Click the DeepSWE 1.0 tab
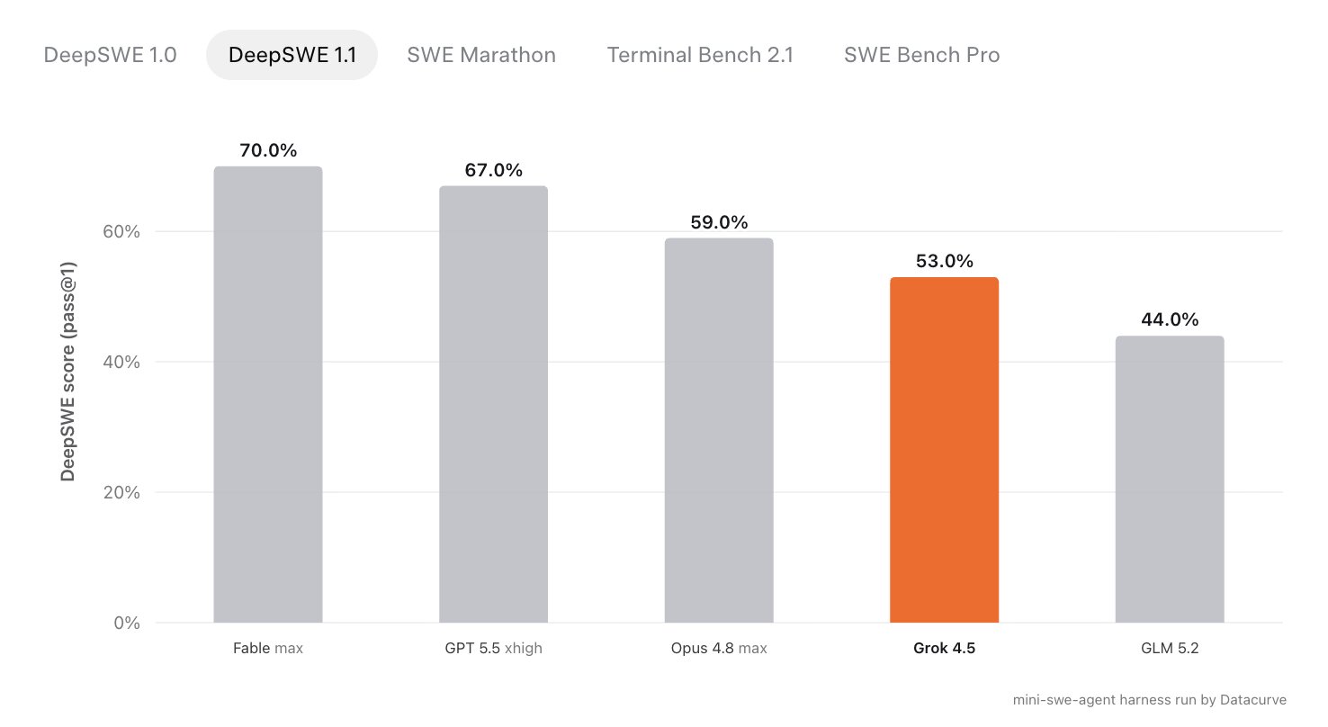point(111,55)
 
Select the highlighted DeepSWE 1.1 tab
point(292,55)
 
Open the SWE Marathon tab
point(481,55)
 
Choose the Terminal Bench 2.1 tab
point(700,55)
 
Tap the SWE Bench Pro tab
point(922,55)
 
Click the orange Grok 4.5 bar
point(945,450)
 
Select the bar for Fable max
point(268,395)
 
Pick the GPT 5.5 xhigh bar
point(493,404)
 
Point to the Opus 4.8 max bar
point(719,430)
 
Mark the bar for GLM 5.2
point(1170,480)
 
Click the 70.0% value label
point(268,150)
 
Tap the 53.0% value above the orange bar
point(945,261)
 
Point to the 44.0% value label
point(1170,319)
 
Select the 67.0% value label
point(493,170)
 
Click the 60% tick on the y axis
point(121,231)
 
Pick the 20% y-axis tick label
point(121,492)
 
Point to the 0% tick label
point(127,623)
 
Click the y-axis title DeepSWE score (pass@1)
point(68,372)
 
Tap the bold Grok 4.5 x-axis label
point(945,648)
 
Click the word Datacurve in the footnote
point(1253,700)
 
